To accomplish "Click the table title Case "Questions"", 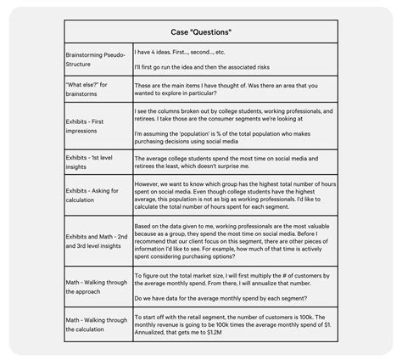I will (200, 31).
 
